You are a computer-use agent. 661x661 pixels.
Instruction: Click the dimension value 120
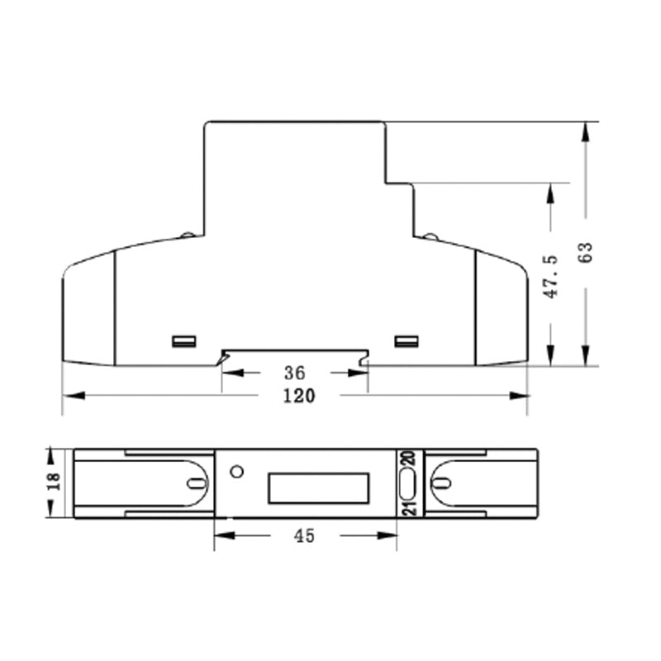[x=299, y=396]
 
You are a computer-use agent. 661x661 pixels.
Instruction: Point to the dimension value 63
[x=586, y=253]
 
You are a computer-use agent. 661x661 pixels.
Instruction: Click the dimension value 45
[x=304, y=536]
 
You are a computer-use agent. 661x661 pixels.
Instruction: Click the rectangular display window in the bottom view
[x=318, y=488]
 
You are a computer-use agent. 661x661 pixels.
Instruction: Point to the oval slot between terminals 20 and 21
[x=407, y=484]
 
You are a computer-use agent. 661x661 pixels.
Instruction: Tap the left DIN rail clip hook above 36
[x=223, y=357]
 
